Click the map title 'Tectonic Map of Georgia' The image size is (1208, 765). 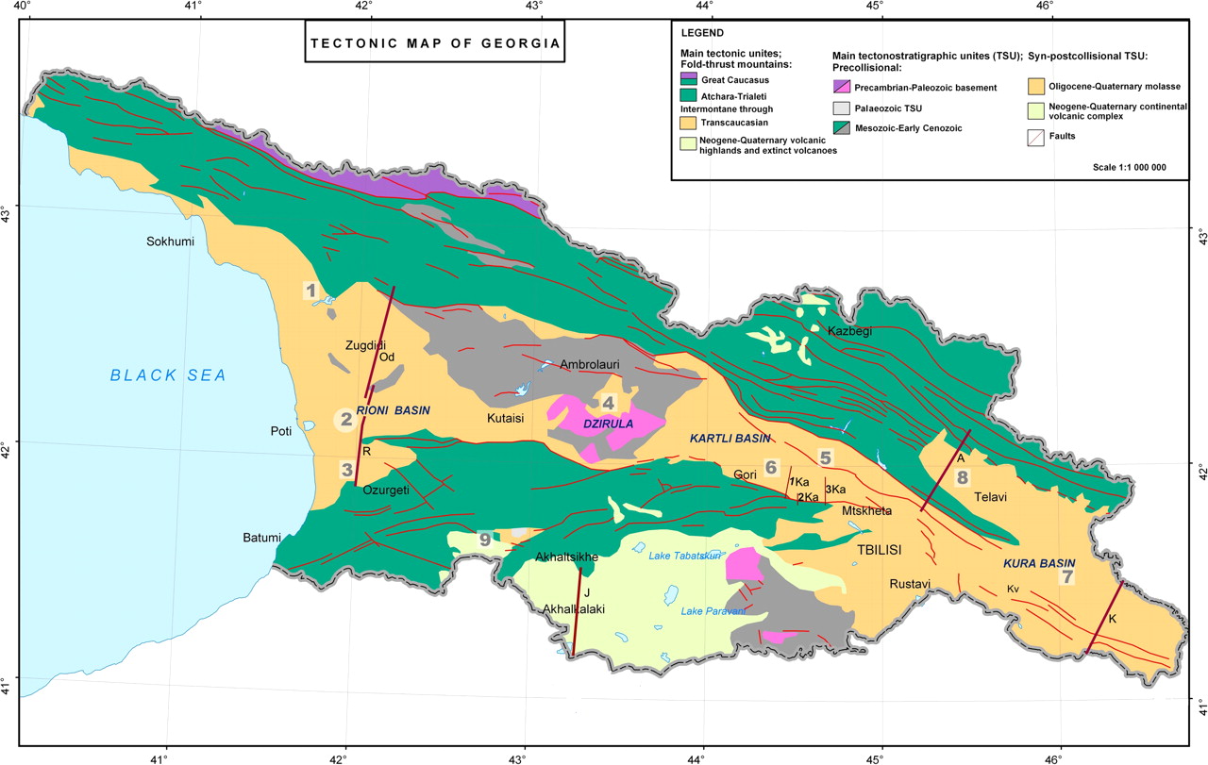pyautogui.click(x=435, y=43)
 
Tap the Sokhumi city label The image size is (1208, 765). pyautogui.click(x=170, y=242)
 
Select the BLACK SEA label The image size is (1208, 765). pyautogui.click(x=168, y=375)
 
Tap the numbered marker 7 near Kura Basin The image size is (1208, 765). pyautogui.click(x=1067, y=576)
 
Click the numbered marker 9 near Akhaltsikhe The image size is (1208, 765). pyautogui.click(x=485, y=540)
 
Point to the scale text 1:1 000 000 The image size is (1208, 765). pyautogui.click(x=1130, y=166)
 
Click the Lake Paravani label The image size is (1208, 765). pyautogui.click(x=713, y=611)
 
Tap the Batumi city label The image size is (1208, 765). pyautogui.click(x=261, y=539)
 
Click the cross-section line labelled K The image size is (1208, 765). pyautogui.click(x=1104, y=617)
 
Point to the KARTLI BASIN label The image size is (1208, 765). pyautogui.click(x=730, y=439)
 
